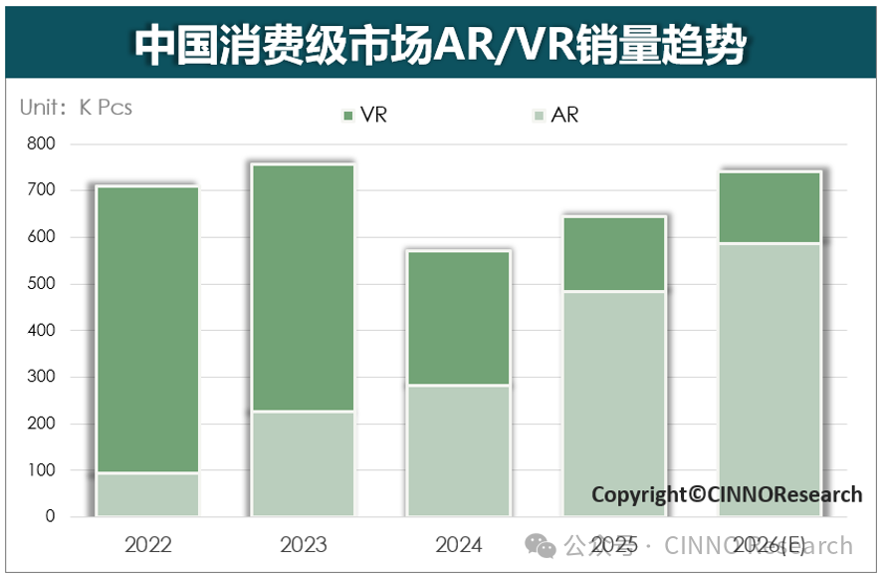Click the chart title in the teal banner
tap(440, 45)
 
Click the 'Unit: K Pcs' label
tap(77, 108)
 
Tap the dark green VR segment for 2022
tap(147, 329)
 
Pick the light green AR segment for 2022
tap(147, 494)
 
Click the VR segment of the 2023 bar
tap(303, 288)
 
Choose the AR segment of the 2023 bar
tap(303, 463)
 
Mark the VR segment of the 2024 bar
tap(458, 318)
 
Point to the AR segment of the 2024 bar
tap(458, 449)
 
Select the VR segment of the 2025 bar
tap(613, 254)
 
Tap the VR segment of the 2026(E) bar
tap(770, 207)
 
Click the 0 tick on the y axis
tap(50, 516)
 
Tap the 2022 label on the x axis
tap(147, 545)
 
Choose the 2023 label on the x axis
tap(303, 545)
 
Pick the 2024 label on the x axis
tap(458, 545)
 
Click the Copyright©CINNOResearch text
tap(727, 494)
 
